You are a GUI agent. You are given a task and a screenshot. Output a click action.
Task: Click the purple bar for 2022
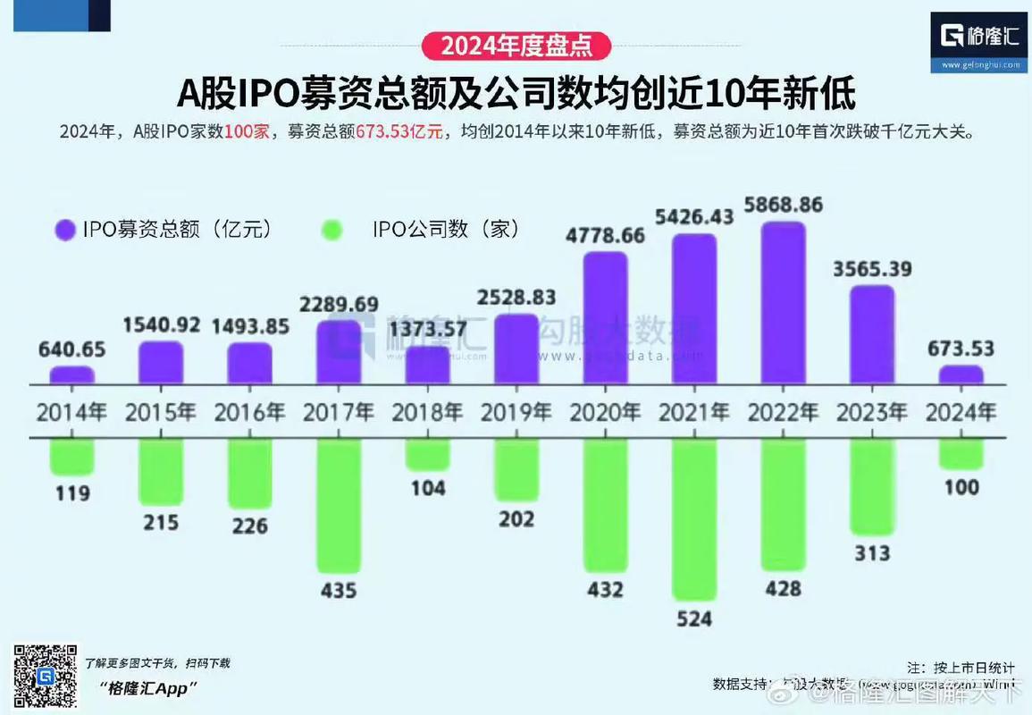[783, 303]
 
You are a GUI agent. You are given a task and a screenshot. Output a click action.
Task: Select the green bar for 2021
[694, 518]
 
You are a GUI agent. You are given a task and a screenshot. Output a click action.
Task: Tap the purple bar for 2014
[71, 374]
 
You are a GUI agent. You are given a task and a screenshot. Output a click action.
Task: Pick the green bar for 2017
[339, 505]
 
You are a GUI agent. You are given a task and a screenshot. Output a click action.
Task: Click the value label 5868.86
[784, 205]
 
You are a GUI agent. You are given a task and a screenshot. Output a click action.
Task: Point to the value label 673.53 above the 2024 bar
[961, 349]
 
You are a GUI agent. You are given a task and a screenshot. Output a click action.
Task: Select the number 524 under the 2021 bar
[694, 618]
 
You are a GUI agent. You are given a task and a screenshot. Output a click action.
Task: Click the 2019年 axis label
[516, 412]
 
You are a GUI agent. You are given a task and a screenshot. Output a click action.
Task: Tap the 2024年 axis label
[961, 412]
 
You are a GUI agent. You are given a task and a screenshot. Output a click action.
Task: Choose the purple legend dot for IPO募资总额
[64, 230]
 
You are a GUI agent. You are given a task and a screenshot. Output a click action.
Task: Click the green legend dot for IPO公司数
[331, 230]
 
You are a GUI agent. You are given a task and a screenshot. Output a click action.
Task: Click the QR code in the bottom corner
[45, 677]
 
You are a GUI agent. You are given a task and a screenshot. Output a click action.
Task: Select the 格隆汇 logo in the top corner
[977, 40]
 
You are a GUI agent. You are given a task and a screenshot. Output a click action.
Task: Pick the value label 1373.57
[428, 331]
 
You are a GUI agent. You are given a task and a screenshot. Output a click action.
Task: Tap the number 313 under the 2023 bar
[872, 553]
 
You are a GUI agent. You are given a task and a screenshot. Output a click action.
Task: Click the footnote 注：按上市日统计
[961, 668]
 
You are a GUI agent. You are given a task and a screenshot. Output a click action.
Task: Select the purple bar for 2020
[606, 317]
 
